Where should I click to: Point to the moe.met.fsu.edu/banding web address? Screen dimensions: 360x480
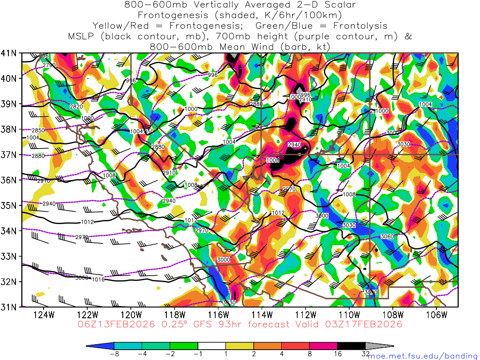(422, 356)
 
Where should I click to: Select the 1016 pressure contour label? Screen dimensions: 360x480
(98, 279)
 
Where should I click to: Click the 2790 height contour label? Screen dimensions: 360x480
(49, 65)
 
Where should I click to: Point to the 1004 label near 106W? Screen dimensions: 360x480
(425, 104)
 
